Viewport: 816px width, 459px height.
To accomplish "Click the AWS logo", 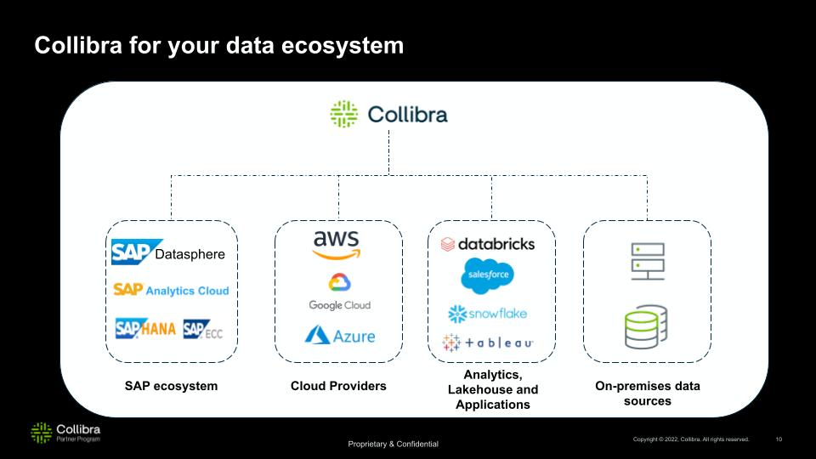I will coord(337,244).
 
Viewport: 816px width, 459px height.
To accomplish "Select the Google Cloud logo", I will coord(339,292).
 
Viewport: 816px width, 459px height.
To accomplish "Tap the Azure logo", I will coord(340,335).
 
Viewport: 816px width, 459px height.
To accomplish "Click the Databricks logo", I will coord(487,244).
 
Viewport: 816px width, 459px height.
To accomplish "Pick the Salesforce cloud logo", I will coord(487,275).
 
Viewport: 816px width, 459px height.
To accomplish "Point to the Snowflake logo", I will coord(487,314).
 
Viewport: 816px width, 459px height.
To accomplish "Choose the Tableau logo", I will coord(487,343).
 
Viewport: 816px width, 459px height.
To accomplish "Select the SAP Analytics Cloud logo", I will coord(171,290).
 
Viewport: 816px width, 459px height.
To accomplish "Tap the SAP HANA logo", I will coord(145,328).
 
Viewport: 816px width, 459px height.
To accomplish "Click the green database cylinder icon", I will coord(648,329).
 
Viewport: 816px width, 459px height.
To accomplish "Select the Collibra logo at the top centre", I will coord(388,115).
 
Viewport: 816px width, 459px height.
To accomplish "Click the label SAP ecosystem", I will coord(171,386).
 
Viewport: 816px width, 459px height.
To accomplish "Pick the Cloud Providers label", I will coord(338,386).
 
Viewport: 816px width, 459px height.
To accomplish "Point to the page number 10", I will coord(779,439).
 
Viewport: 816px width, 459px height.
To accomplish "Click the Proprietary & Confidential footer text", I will coord(393,445).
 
